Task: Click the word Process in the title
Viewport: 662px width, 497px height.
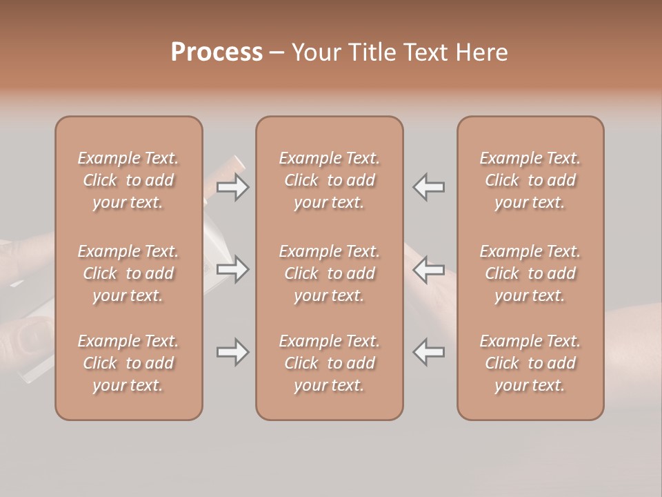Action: click(217, 52)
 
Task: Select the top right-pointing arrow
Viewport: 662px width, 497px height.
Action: click(233, 187)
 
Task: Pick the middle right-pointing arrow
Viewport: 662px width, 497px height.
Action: click(233, 269)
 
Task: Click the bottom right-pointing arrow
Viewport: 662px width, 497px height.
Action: click(233, 353)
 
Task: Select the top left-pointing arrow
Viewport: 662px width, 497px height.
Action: click(429, 187)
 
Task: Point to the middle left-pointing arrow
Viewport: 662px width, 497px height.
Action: click(429, 269)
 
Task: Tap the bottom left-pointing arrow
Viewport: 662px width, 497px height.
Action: click(429, 352)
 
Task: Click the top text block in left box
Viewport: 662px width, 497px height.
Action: click(128, 180)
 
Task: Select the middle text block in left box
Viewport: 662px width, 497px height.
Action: click(128, 273)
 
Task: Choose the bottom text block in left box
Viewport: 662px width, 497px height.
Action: click(128, 363)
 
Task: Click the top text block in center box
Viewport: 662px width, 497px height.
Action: click(330, 180)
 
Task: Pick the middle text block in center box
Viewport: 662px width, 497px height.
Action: click(330, 273)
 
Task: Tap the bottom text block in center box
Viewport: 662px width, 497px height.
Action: click(330, 363)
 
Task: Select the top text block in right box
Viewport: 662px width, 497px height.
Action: click(530, 180)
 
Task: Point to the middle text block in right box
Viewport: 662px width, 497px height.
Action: click(530, 273)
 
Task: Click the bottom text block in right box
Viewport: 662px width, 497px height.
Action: click(530, 363)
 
